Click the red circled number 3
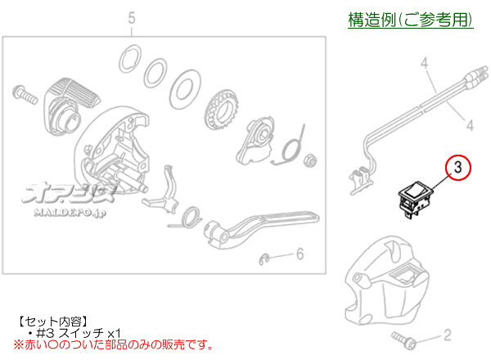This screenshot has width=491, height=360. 458,168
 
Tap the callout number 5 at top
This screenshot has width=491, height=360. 132,18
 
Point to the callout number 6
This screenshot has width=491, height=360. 300,254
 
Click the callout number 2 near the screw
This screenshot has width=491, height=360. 448,335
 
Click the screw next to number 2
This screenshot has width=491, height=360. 403,340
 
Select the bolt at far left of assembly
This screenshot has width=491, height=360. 25,95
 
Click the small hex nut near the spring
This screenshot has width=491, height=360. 310,160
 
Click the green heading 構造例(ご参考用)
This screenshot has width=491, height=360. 410,20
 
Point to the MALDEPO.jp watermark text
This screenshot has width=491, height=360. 70,213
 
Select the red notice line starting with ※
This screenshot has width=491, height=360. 114,344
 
